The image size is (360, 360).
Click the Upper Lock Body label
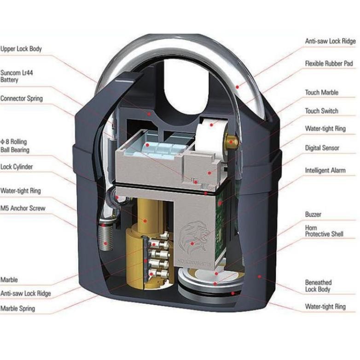21,48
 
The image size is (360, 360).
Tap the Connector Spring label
22,99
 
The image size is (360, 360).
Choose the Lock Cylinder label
17,167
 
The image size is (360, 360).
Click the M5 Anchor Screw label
23,208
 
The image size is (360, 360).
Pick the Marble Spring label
17,308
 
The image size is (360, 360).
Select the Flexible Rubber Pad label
329,63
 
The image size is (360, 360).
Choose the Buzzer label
313,215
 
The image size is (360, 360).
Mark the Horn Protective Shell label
324,231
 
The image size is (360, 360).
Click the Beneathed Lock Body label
318,285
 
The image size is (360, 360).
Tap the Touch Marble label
321,93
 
